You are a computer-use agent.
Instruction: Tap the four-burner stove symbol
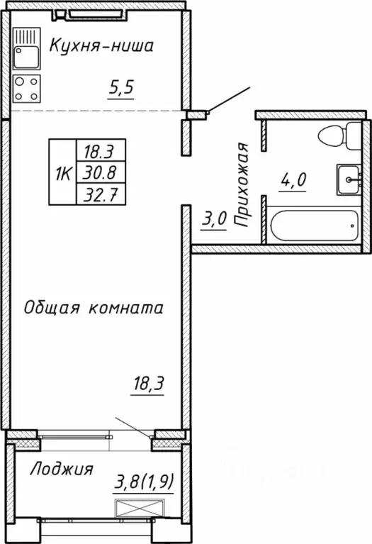pyautogui.click(x=27, y=89)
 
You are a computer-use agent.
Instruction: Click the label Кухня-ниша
pyautogui.click(x=101, y=48)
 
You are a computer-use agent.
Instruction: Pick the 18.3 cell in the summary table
pyautogui.click(x=100, y=150)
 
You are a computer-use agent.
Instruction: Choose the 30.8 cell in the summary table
pyautogui.click(x=100, y=171)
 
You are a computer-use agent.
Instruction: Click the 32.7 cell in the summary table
pyautogui.click(x=100, y=192)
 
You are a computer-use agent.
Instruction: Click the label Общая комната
pyautogui.click(x=94, y=308)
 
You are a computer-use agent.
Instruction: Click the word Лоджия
pyautogui.click(x=62, y=469)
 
